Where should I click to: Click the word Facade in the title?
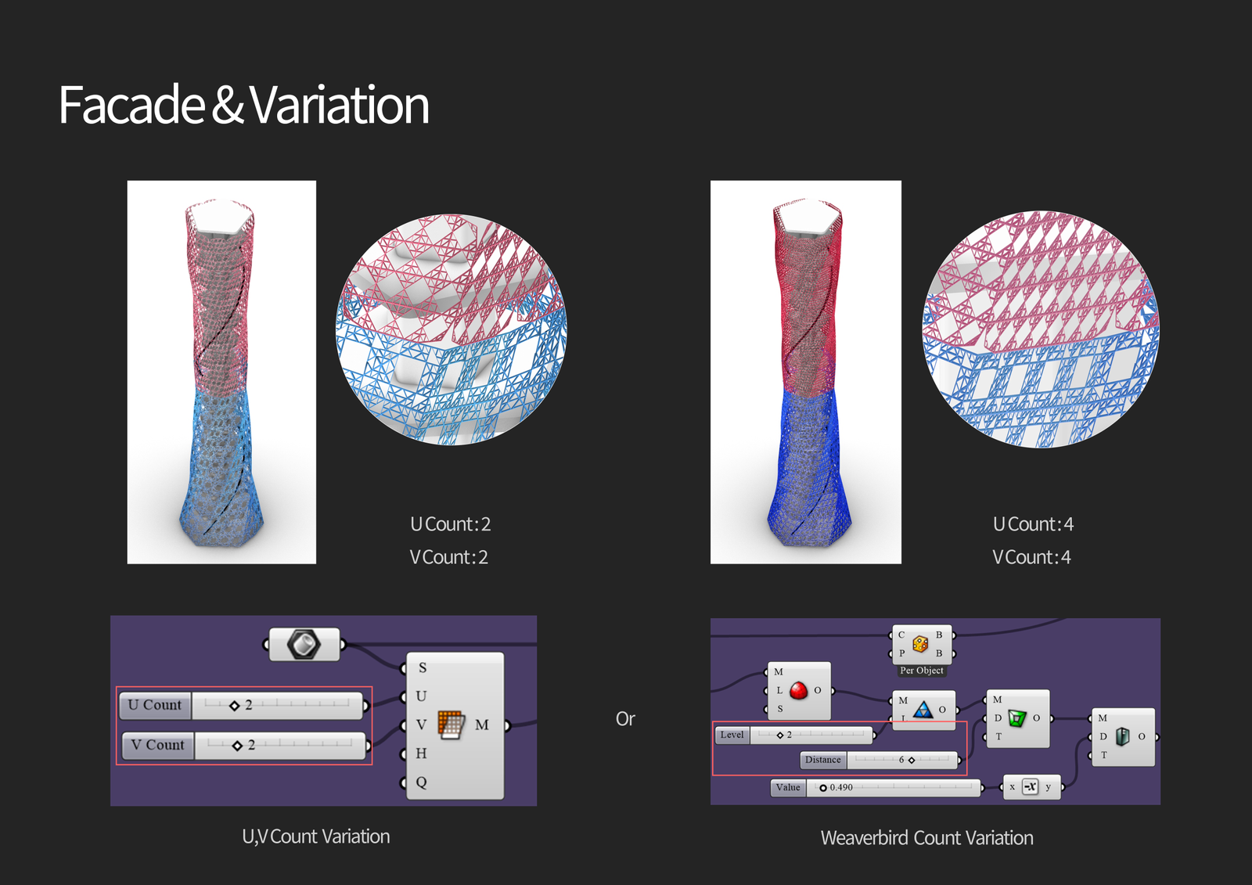[132, 105]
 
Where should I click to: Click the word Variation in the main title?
[340, 105]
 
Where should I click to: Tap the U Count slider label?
[155, 705]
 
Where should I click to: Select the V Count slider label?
[157, 745]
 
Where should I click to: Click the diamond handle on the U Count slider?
[235, 706]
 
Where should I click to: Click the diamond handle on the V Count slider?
[237, 745]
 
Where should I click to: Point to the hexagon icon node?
[304, 645]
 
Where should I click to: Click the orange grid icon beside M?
[452, 725]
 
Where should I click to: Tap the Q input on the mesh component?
[422, 782]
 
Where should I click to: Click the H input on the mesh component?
[422, 754]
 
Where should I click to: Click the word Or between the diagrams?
[625, 719]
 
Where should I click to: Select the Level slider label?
[732, 735]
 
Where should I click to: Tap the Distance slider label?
[823, 760]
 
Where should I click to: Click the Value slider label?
[788, 787]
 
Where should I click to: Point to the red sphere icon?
[798, 690]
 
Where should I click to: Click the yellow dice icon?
[920, 644]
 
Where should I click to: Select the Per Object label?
[922, 671]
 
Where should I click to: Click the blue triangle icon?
[923, 710]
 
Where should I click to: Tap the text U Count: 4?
[1034, 524]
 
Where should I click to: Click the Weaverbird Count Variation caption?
[926, 838]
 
